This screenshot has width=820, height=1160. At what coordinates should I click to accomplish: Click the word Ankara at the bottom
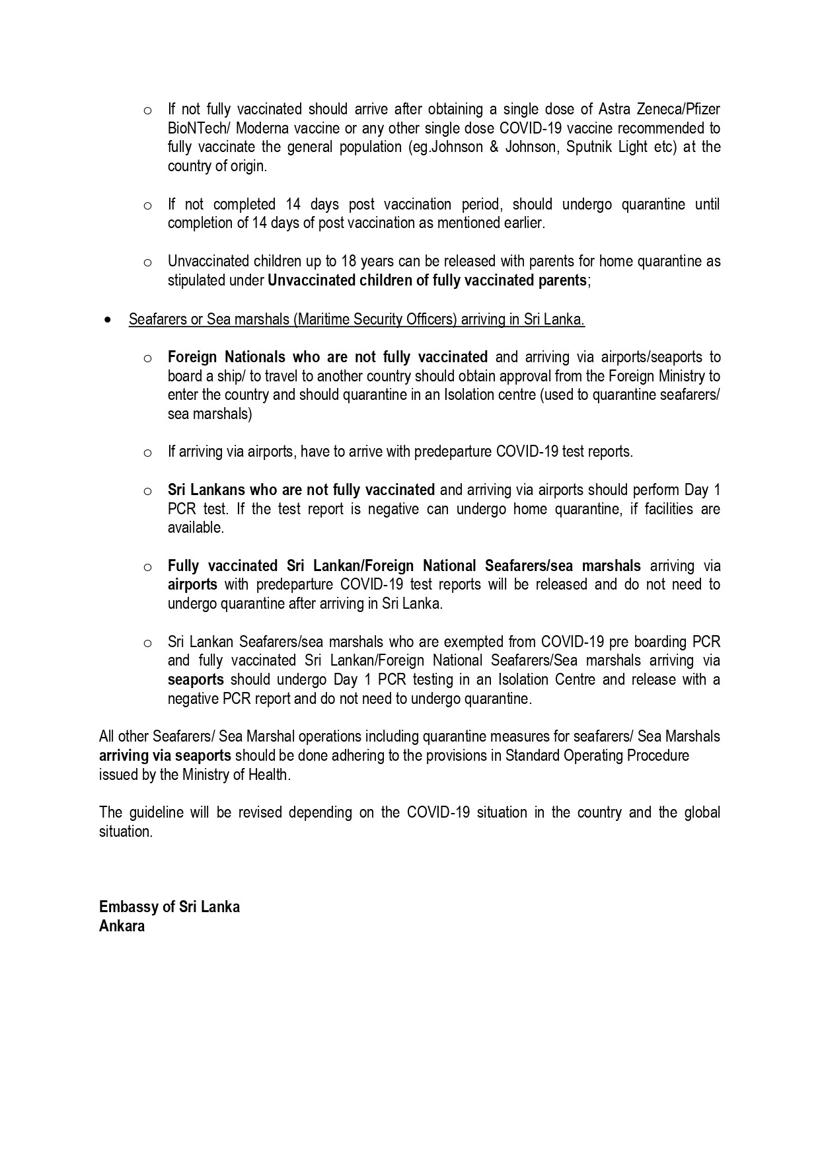[x=122, y=925]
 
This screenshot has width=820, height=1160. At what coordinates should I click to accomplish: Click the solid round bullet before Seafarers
[x=108, y=319]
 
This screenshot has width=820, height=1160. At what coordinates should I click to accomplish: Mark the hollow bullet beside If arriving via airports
[x=147, y=453]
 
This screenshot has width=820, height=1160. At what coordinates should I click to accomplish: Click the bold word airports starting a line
[x=192, y=584]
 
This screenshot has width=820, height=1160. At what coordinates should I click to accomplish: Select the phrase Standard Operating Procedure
[x=597, y=755]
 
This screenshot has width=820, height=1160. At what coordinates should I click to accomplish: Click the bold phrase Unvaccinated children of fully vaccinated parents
[x=426, y=280]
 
